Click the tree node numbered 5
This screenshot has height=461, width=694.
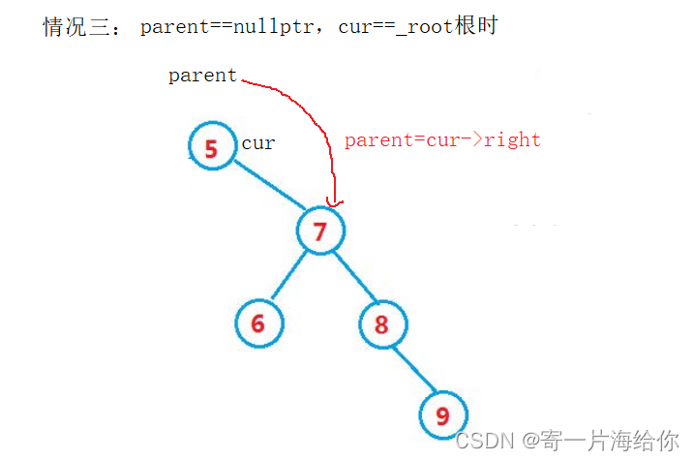click(x=212, y=148)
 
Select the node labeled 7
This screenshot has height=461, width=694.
click(x=320, y=230)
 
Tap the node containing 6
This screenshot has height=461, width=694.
click(x=258, y=323)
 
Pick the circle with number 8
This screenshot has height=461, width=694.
click(x=382, y=323)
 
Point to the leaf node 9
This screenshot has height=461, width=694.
click(x=443, y=415)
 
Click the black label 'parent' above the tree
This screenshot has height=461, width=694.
click(x=202, y=76)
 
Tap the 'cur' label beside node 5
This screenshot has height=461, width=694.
click(x=258, y=143)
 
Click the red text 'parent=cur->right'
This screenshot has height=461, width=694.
click(x=442, y=139)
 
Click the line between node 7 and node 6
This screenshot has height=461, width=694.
click(x=289, y=276)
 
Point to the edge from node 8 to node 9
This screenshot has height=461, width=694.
click(x=412, y=369)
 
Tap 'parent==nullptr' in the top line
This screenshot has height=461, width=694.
click(x=228, y=27)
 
